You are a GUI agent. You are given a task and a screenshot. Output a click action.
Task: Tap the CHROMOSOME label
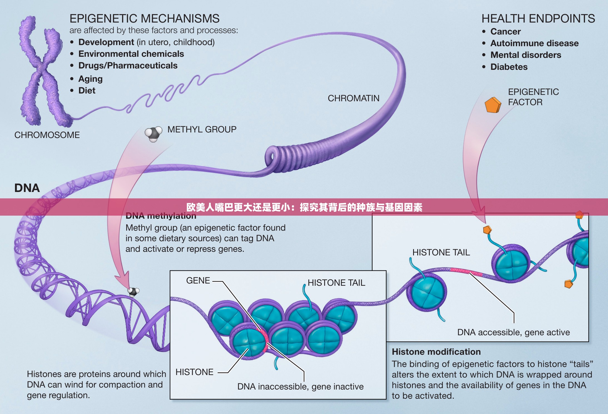pyautogui.click(x=47, y=135)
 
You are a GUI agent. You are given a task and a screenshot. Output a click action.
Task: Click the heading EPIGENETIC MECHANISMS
pyautogui.click(x=144, y=19)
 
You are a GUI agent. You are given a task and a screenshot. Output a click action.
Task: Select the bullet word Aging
pyautogui.click(x=90, y=79)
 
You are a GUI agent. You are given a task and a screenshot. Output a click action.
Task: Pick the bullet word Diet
pyautogui.click(x=87, y=90)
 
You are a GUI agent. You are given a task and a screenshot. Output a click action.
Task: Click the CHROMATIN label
pyautogui.click(x=353, y=98)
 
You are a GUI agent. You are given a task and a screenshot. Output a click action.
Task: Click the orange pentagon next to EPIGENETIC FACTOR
pyautogui.click(x=493, y=105)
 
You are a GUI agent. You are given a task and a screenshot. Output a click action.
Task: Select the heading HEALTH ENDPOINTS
pyautogui.click(x=538, y=19)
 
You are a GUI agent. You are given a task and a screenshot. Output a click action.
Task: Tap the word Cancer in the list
pyautogui.click(x=505, y=31)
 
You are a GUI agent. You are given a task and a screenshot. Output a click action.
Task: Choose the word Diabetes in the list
pyautogui.click(x=509, y=67)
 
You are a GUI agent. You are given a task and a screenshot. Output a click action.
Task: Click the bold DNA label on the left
pyautogui.click(x=27, y=188)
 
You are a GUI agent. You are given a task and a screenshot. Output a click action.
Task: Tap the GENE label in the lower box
pyautogui.click(x=198, y=280)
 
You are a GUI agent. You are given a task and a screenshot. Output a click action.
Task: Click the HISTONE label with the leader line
pyautogui.click(x=194, y=372)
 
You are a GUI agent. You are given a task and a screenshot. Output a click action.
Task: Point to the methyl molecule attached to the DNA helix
pyautogui.click(x=133, y=292)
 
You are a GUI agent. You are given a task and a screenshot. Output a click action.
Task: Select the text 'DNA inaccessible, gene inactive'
pyautogui.click(x=300, y=386)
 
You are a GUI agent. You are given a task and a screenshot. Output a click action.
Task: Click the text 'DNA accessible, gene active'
pyautogui.click(x=513, y=332)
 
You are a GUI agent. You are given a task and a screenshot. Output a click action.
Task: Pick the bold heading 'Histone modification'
pyautogui.click(x=436, y=352)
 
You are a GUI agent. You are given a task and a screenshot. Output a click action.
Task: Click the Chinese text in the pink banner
pyautogui.click(x=304, y=207)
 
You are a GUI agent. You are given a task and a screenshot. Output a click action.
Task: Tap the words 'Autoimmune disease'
pyautogui.click(x=534, y=43)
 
